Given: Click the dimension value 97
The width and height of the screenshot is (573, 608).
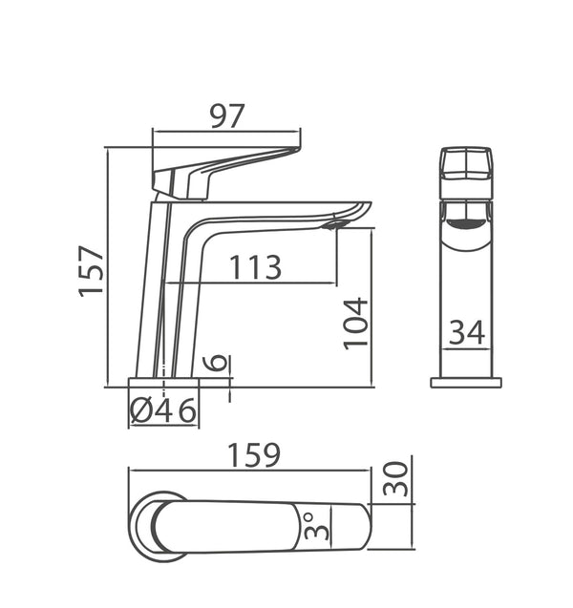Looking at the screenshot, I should click(x=227, y=115).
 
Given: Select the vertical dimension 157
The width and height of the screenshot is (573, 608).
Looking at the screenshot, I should click(x=92, y=271).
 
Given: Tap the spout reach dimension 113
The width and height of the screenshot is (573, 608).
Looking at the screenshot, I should click(x=254, y=268).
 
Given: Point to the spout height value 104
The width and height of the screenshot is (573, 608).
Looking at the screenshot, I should click(x=355, y=324).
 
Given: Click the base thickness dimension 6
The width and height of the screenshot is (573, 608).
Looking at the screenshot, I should click(x=217, y=363).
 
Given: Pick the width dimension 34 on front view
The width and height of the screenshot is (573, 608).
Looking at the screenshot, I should click(x=467, y=332).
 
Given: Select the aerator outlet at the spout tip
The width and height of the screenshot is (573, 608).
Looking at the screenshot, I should click(x=333, y=225).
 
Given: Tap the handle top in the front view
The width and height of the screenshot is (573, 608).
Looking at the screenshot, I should click(x=466, y=167).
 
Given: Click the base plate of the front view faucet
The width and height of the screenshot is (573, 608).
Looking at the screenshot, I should click(x=466, y=382).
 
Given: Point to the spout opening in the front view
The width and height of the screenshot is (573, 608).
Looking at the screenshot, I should click(x=466, y=223).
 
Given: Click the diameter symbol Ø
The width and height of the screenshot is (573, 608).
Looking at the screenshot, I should click(x=139, y=410).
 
